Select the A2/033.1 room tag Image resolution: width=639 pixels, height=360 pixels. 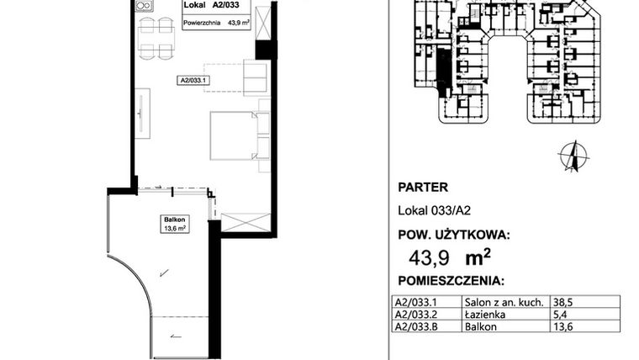pyautogui.click(x=192, y=80)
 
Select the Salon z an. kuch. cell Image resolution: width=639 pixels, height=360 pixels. pyautogui.click(x=501, y=301)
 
